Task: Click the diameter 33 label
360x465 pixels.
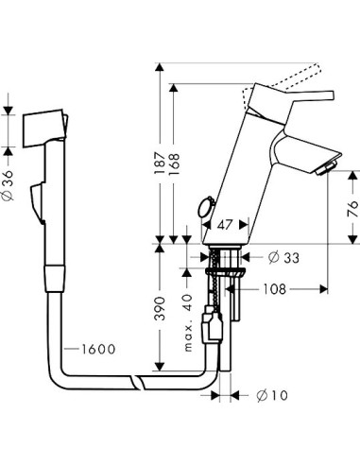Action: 287,257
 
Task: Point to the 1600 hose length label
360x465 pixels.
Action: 94,349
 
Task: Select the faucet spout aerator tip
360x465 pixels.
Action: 329,168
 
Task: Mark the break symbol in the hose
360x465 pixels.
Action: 142,383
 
